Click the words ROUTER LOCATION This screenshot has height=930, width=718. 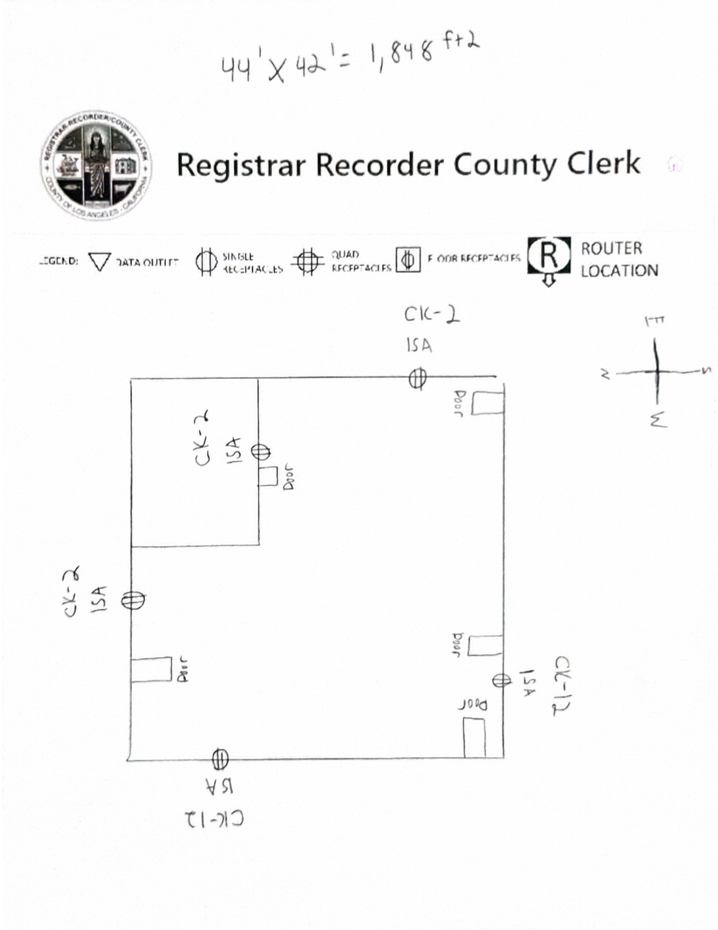pos(619,259)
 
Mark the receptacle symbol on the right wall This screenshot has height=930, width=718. pos(502,680)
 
